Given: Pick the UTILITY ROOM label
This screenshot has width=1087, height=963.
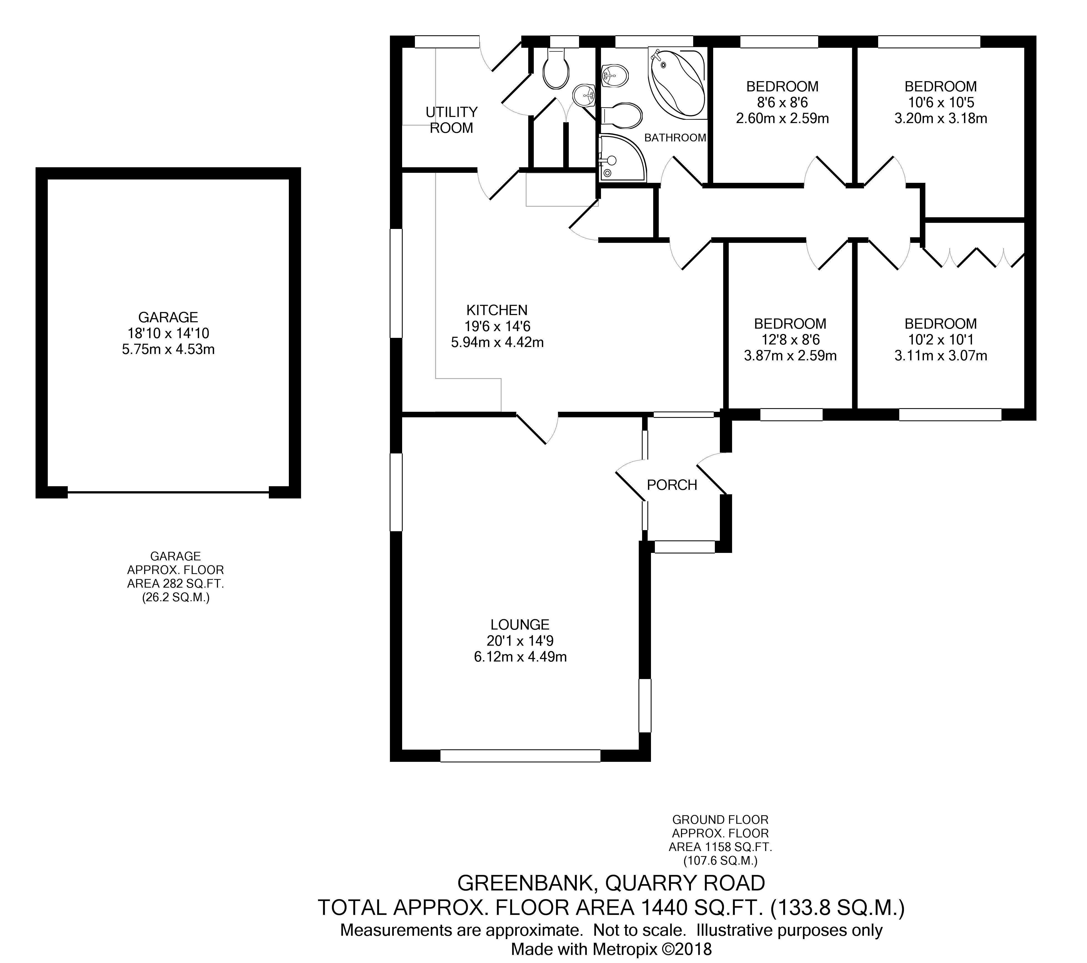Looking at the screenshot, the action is pos(452,120).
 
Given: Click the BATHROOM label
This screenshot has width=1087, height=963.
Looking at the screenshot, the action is pos(675,138).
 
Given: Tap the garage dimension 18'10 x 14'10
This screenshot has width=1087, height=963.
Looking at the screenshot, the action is pos(168,334).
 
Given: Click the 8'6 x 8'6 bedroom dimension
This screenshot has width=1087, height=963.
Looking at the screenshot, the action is pos(782,102).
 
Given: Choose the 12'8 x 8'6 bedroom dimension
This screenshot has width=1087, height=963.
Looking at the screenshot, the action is pos(790,340).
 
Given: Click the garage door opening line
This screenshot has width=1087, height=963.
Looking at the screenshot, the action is pos(168,492).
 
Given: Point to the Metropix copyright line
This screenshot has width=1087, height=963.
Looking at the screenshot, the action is pos(611,949).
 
